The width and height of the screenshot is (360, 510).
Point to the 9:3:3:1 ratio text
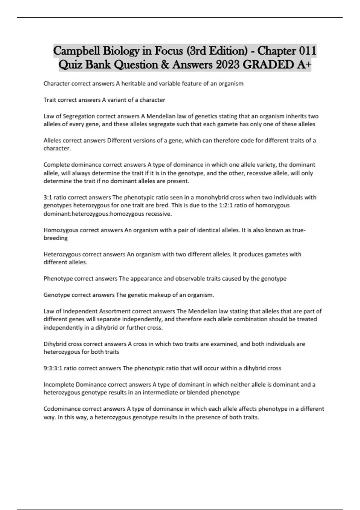(60, 368)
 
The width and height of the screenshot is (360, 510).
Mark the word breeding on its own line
(55, 238)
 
